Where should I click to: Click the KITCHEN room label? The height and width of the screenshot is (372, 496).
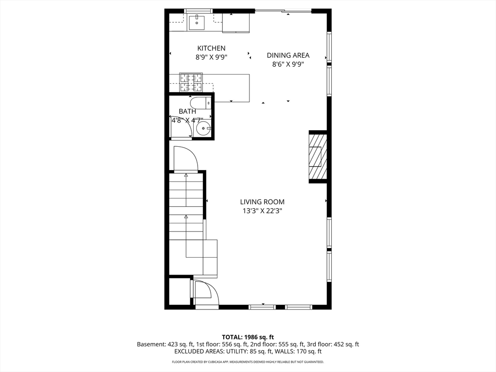coord(211,48)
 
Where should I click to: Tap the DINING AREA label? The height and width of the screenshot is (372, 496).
coord(288,55)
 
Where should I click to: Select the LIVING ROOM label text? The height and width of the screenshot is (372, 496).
coord(262,202)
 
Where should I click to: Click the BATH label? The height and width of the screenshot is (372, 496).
coord(187,111)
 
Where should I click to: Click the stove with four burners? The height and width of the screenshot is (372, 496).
coord(191,82)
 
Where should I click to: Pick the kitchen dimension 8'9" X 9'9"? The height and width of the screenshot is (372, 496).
coord(211,57)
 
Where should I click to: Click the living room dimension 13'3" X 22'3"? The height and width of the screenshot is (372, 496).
coord(262,211)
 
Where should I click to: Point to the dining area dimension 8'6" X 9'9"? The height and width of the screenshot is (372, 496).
coord(288,64)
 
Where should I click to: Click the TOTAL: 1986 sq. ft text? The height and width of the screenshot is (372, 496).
coord(248,337)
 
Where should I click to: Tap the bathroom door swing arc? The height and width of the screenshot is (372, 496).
coord(189,126)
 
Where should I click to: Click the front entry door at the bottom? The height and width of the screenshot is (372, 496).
coord(205,293)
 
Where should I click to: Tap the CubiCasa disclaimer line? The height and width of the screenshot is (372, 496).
coord(248,362)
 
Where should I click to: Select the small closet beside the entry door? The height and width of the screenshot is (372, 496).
coord(179,291)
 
